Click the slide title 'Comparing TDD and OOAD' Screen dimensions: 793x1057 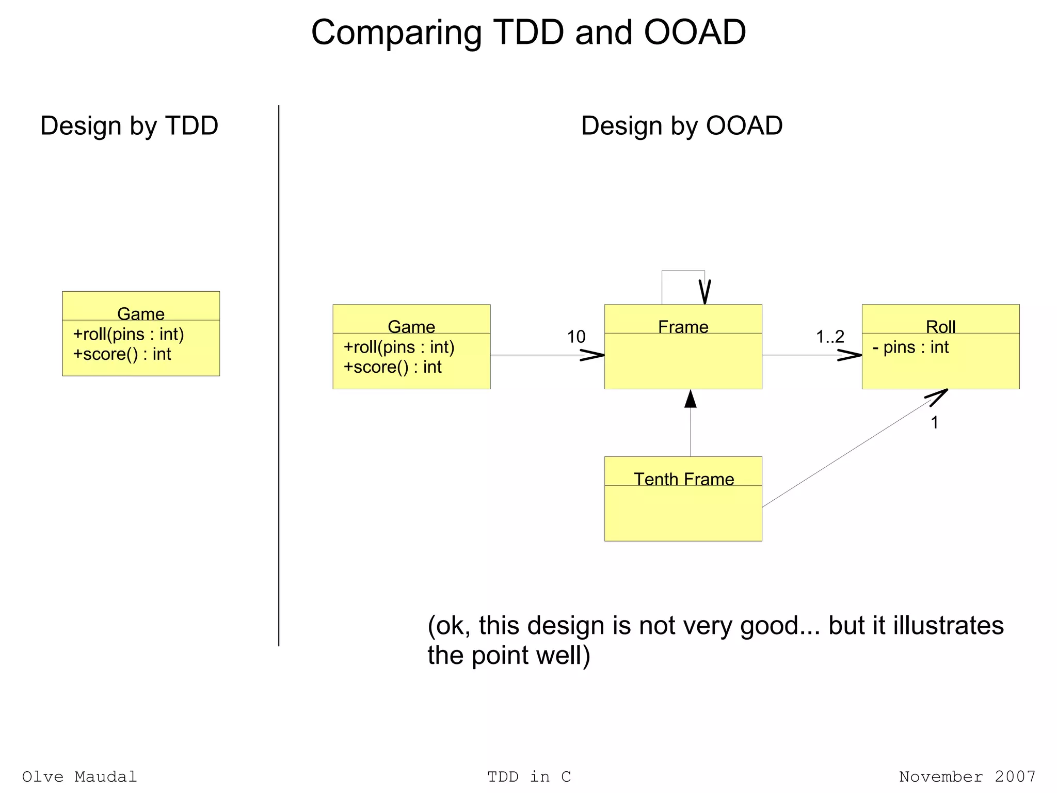pyautogui.click(x=528, y=33)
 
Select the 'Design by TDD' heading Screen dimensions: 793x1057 pyautogui.click(x=129, y=125)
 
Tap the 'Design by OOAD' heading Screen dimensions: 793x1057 pyautogui.click(x=681, y=125)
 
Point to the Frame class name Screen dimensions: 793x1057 pyautogui.click(x=683, y=326)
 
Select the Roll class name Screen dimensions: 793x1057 pyautogui.click(x=940, y=326)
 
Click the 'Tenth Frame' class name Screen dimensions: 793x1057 pyautogui.click(x=683, y=479)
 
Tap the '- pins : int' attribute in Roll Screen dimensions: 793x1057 pyautogui.click(x=910, y=347)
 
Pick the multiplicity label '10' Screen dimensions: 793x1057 pyautogui.click(x=576, y=337)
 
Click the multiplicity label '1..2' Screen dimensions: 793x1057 pyautogui.click(x=830, y=337)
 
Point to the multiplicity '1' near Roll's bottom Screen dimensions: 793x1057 pyautogui.click(x=934, y=422)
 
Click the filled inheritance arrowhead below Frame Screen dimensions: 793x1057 pyautogui.click(x=691, y=399)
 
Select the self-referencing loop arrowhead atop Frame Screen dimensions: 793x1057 pyautogui.click(x=704, y=292)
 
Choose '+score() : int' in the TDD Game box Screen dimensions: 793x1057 pyautogui.click(x=122, y=354)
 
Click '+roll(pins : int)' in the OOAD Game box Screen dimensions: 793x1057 pyautogui.click(x=399, y=347)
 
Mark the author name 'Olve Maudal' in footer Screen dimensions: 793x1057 pyautogui.click(x=79, y=776)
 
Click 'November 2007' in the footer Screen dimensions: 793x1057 pyautogui.click(x=967, y=776)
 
